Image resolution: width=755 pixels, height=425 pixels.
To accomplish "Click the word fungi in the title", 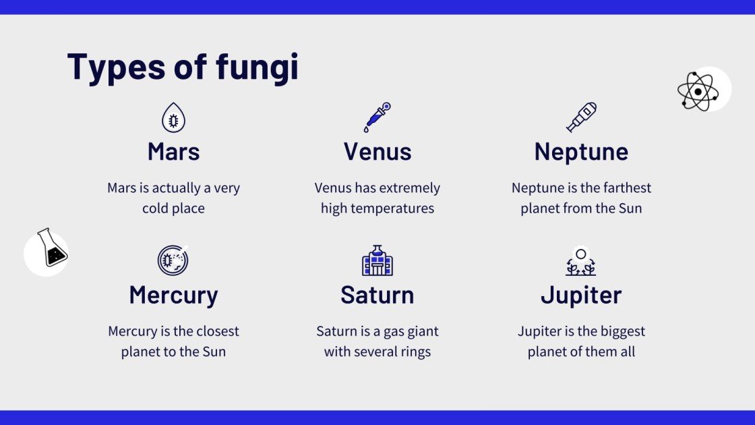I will [257, 67].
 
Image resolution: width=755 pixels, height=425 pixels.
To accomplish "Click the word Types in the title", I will [115, 67].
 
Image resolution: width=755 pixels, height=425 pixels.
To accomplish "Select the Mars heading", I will [173, 152].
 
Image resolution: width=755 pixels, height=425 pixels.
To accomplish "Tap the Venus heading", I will [377, 152].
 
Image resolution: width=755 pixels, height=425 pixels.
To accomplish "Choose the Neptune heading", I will [581, 152].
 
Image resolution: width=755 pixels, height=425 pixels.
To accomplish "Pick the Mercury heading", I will [173, 295].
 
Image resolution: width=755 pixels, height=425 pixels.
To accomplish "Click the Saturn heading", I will [377, 295].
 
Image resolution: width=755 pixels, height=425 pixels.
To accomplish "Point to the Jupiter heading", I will [581, 295].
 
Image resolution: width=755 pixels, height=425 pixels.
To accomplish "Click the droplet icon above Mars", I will [173, 117].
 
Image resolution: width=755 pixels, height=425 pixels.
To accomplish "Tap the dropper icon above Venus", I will [377, 117].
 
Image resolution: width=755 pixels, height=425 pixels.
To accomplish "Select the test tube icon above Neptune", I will [581, 117].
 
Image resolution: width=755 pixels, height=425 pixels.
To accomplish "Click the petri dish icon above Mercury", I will [173, 260].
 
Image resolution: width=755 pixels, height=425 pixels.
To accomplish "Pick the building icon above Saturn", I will [377, 260].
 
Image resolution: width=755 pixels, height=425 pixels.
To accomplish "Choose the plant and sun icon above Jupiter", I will [581, 262].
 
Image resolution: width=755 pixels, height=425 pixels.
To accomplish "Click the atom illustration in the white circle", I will [698, 90].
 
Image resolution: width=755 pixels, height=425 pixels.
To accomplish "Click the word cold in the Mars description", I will [155, 208].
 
